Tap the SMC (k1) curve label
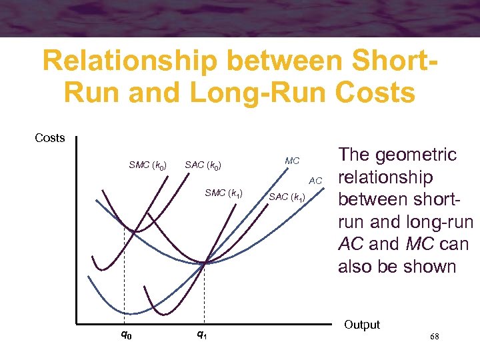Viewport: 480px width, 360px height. tap(228, 193)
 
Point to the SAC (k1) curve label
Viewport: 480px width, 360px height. tap(287, 198)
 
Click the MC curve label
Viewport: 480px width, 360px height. tap(292, 161)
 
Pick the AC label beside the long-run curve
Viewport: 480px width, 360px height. tap(315, 181)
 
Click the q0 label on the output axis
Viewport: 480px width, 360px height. tap(126, 335)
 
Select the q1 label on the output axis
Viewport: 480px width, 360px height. tap(201, 335)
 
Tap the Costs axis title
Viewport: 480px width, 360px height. tap(50, 138)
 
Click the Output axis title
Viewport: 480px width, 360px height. tap(362, 325)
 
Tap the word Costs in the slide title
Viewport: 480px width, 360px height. tap(376, 93)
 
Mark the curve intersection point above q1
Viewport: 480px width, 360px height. tap(204, 263)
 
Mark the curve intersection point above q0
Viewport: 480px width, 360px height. tap(133, 231)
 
